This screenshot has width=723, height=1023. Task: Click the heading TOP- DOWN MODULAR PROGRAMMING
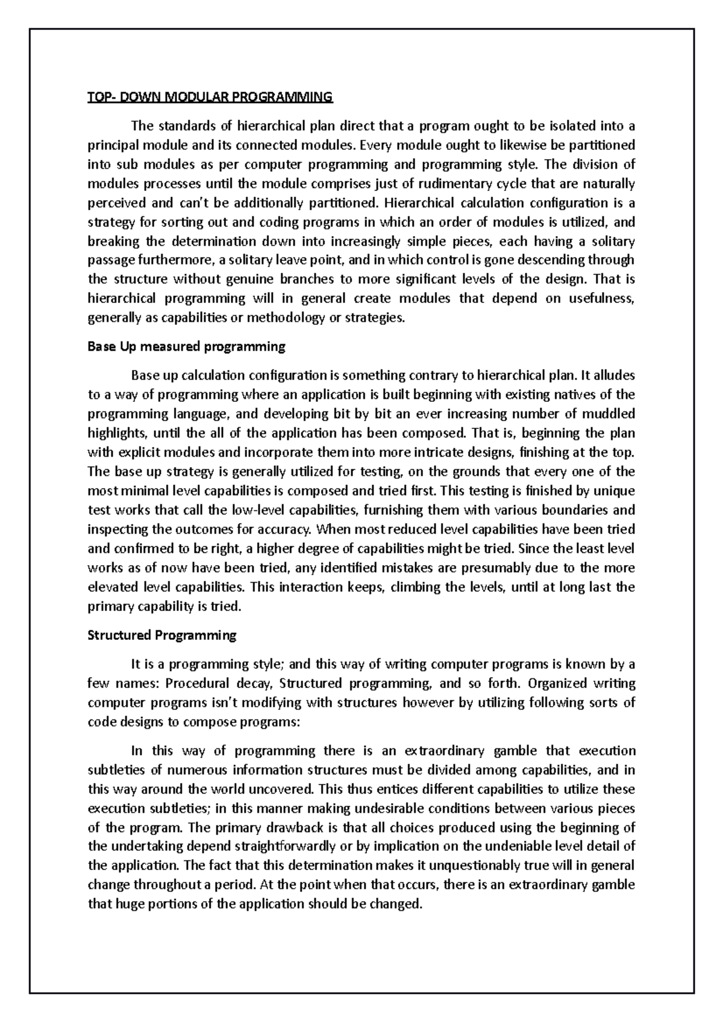coord(210,97)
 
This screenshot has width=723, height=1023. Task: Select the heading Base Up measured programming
coord(186,346)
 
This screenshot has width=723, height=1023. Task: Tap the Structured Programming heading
coord(162,635)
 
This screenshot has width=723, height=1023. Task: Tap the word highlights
coord(117,433)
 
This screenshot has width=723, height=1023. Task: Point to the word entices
coord(396,789)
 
